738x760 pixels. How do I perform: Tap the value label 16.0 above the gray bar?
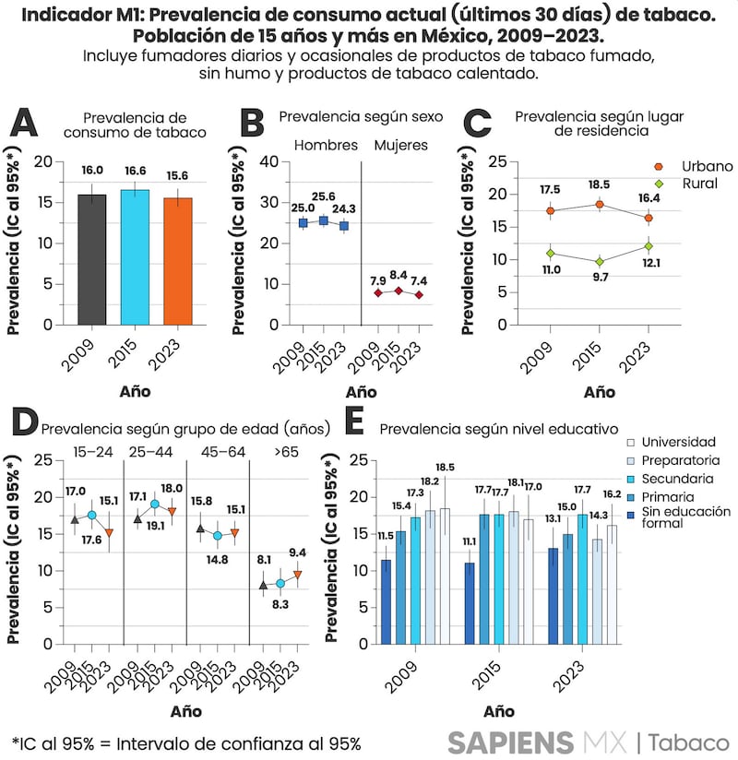pos(91,171)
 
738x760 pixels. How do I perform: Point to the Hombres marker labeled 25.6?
pos(322,220)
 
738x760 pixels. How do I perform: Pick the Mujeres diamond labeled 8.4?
pos(398,291)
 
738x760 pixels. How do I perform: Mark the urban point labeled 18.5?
pos(600,204)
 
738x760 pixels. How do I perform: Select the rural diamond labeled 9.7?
pos(600,261)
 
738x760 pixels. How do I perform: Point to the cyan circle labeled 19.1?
pos(155,505)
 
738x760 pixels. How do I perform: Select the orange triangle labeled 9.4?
pos(297,575)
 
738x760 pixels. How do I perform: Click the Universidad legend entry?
pos(678,443)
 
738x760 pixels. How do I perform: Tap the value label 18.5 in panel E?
pos(446,469)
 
